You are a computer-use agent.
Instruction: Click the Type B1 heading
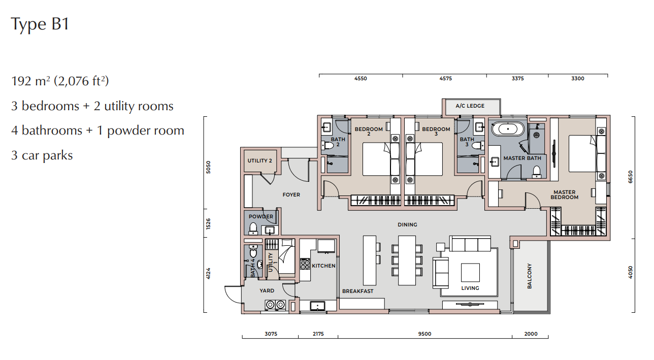[40, 24]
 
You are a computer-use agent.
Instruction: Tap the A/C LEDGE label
[470, 106]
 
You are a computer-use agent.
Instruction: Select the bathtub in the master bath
[508, 129]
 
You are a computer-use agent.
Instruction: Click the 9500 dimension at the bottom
[424, 334]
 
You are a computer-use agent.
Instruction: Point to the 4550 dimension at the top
[361, 79]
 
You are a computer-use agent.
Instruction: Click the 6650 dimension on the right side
[630, 177]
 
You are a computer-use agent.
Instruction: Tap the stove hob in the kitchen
[305, 264]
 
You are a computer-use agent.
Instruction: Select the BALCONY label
[530, 276]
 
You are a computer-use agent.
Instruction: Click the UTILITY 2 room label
[259, 160]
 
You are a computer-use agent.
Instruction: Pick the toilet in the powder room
[253, 229]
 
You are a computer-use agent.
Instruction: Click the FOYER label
[291, 195]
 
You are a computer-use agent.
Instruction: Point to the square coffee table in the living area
[470, 272]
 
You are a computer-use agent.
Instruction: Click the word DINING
[407, 225]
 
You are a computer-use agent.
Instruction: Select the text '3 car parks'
[42, 155]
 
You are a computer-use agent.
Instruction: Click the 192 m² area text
[28, 81]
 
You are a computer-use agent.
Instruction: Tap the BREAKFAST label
[357, 291]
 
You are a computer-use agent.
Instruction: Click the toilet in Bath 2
[328, 145]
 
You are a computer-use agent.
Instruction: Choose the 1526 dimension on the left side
[208, 223]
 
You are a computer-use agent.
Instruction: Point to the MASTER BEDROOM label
[564, 195]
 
